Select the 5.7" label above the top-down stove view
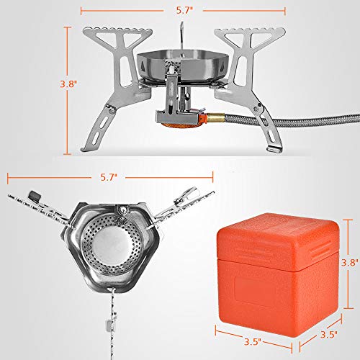[109, 175]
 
